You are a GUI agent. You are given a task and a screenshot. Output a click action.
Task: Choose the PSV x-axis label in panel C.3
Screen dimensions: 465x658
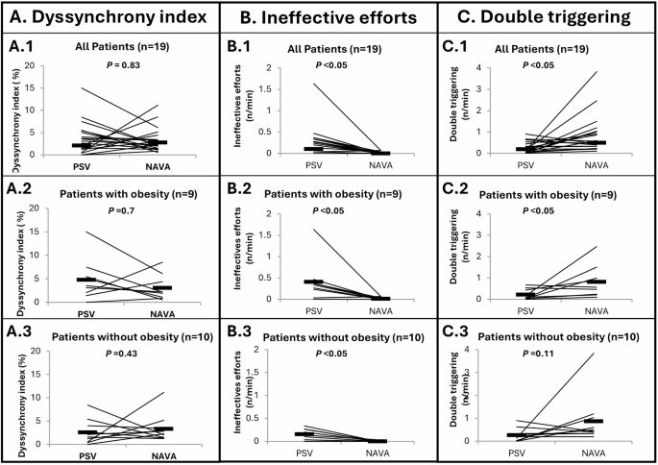[524, 452]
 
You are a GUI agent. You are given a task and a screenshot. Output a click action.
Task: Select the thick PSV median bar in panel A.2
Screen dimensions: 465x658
[86, 280]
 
